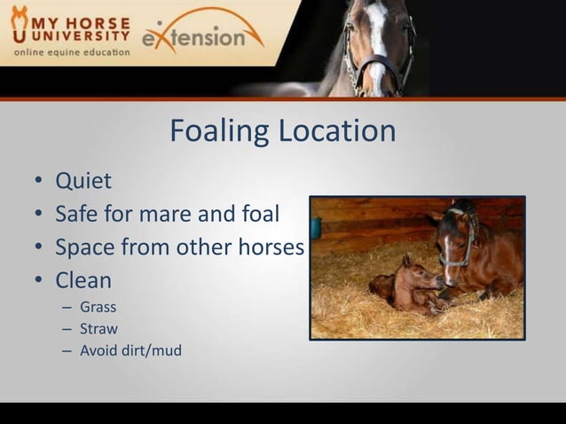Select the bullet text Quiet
pyautogui.click(x=83, y=182)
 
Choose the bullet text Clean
pyautogui.click(x=83, y=281)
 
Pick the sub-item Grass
pyautogui.click(x=98, y=308)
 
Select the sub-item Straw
pyautogui.click(x=98, y=329)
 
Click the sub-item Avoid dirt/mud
pyautogui.click(x=130, y=350)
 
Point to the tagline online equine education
pyautogui.click(x=71, y=52)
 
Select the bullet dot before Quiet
pyautogui.click(x=38, y=183)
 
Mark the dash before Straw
pyautogui.click(x=67, y=329)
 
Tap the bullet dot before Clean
pyautogui.click(x=38, y=282)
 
